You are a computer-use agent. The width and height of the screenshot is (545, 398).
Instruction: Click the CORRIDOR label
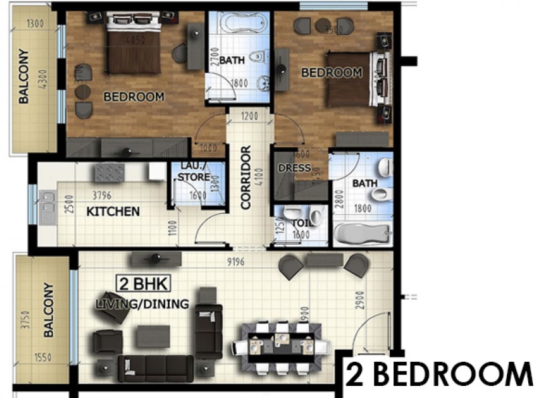tap(245, 179)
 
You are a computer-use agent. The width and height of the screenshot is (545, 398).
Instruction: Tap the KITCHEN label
tap(114, 211)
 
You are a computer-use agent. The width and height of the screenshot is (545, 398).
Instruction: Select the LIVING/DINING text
tap(142, 304)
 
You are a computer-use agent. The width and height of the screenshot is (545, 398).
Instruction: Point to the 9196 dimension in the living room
tap(235, 261)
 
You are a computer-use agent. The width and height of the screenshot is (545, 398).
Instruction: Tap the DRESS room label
tap(294, 168)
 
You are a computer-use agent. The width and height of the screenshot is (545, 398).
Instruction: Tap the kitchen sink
tap(47, 208)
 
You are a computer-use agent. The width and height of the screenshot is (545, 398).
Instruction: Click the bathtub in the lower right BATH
tap(362, 234)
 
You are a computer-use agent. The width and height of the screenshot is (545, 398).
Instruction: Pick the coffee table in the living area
tap(153, 336)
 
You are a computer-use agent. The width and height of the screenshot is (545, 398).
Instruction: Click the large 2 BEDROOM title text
tap(439, 375)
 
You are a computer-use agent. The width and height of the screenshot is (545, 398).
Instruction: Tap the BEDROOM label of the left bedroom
tap(134, 97)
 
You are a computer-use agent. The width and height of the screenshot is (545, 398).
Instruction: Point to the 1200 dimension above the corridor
tap(249, 116)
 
